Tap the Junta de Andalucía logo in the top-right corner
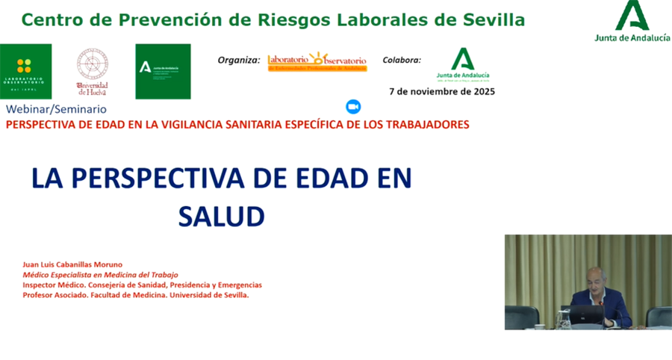tap(632, 22)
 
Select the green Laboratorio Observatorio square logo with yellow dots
tap(25, 70)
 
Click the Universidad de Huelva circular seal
tap(93, 70)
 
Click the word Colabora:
tap(401, 60)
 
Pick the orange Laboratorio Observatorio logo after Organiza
tap(317, 61)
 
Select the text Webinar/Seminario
tap(56, 110)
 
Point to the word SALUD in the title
tap(222, 217)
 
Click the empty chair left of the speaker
tap(521, 317)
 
